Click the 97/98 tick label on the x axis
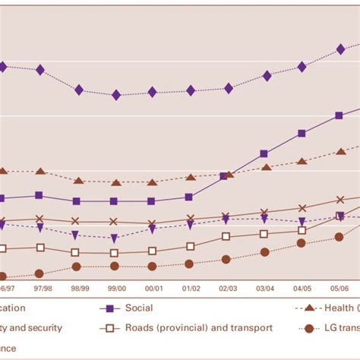click(x=39, y=289)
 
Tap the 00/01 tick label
click(x=153, y=289)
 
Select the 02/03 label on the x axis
click(x=227, y=289)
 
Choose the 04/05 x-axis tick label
click(x=302, y=289)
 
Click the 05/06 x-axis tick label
click(x=339, y=289)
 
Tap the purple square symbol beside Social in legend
click(x=109, y=308)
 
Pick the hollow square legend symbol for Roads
click(x=109, y=328)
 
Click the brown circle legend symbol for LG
click(x=308, y=328)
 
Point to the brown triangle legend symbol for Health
click(x=308, y=308)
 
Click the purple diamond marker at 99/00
click(x=116, y=95)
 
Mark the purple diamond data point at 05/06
click(x=340, y=50)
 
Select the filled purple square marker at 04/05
click(x=302, y=134)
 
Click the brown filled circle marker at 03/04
click(x=265, y=253)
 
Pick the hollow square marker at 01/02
click(x=190, y=246)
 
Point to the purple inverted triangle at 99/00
click(x=114, y=238)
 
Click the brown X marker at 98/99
click(x=76, y=222)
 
